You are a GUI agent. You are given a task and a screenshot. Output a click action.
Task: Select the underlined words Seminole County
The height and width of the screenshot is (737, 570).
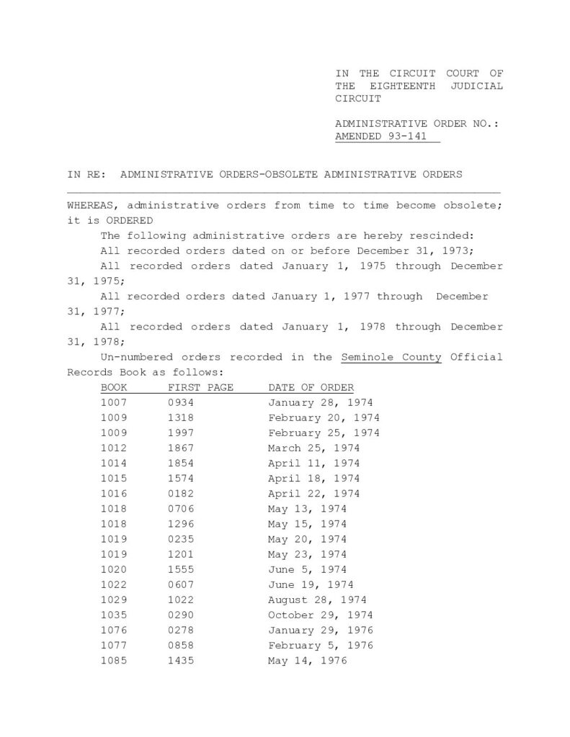pos(391,357)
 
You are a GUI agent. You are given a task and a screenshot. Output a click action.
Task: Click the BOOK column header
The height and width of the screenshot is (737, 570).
pos(114,388)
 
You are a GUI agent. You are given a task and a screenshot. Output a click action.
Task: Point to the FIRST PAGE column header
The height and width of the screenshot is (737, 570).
pos(201,388)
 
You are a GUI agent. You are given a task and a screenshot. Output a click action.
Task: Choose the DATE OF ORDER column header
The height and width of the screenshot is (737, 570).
pos(311,388)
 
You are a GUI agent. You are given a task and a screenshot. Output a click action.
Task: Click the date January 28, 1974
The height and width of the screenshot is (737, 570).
pos(321,403)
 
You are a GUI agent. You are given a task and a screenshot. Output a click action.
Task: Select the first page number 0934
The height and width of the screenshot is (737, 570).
pos(180,403)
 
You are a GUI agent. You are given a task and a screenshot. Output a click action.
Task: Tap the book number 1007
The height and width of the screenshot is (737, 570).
pos(114,403)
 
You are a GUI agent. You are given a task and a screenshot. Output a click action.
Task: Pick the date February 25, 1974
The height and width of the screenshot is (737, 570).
pos(324,433)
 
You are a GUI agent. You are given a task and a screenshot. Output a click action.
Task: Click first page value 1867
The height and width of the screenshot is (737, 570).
pos(180,448)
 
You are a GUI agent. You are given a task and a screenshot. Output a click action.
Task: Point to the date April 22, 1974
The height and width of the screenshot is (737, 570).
pos(313,494)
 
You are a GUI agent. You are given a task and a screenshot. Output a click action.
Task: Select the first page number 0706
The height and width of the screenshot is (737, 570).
pos(180,509)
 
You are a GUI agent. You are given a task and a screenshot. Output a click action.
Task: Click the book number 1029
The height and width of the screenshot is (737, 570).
pos(114,600)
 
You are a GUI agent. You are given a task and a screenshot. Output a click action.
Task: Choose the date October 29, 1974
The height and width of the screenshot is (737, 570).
pos(321,615)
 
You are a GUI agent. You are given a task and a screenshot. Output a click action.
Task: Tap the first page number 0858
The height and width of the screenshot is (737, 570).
pos(180,645)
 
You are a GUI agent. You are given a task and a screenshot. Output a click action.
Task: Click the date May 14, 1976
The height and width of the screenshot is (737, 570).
pos(307,660)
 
